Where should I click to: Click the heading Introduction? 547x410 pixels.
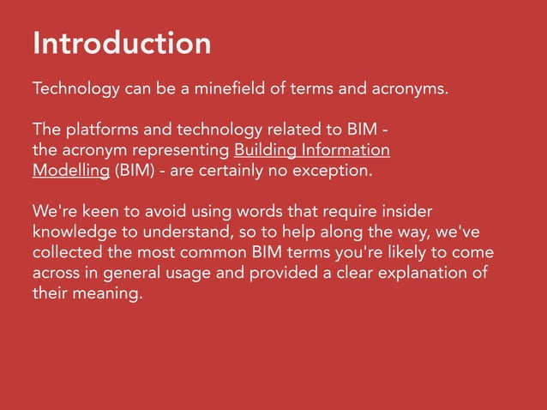(121, 43)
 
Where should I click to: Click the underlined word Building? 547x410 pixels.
(267, 151)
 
